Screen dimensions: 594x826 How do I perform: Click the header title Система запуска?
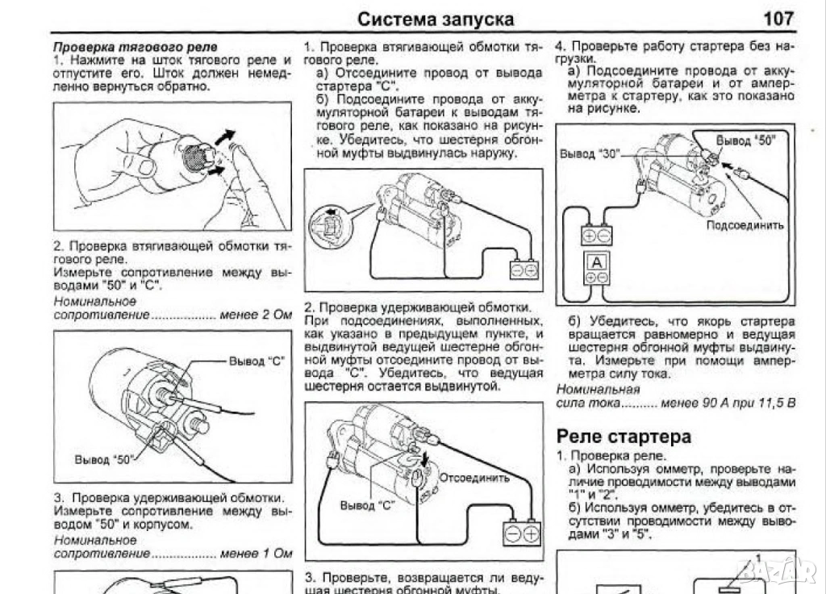pos(435,18)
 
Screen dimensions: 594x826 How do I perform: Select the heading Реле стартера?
pos(624,437)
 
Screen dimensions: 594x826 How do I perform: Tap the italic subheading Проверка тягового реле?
pos(135,48)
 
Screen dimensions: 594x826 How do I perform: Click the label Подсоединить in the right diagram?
pos(745,225)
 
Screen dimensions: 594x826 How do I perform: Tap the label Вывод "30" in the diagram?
pos(590,154)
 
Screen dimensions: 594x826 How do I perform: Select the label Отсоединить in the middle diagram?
pos(474,477)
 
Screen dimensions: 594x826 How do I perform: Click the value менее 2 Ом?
pos(256,315)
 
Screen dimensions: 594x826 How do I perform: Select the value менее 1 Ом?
pos(256,554)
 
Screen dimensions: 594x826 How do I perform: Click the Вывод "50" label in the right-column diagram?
pos(746,140)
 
